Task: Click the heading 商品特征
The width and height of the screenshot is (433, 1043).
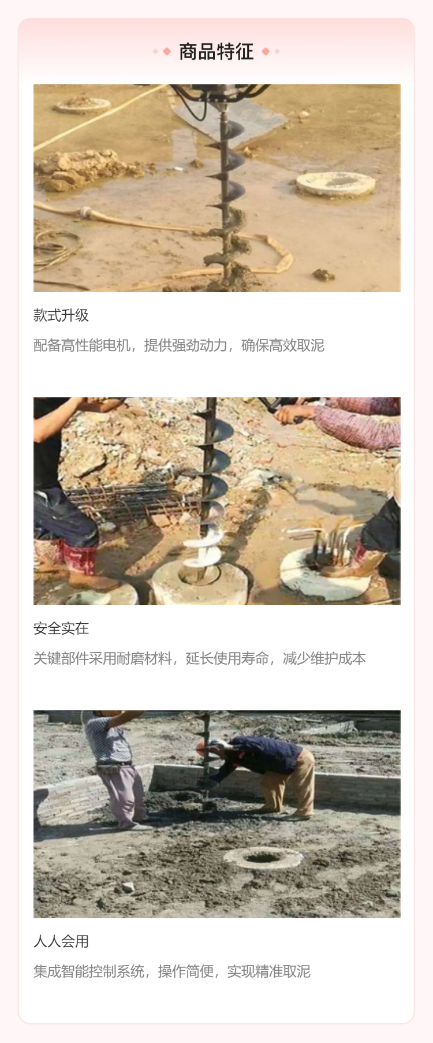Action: tap(216, 52)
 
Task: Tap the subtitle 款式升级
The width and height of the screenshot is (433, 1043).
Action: tap(61, 315)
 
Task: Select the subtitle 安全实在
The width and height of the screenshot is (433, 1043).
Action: tap(61, 628)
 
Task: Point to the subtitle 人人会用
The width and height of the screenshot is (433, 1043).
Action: tap(61, 941)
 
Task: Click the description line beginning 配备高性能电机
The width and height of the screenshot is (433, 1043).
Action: tap(179, 345)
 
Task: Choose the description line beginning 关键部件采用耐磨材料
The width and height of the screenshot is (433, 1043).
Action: tap(200, 658)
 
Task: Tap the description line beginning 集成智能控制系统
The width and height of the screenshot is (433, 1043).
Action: tap(172, 971)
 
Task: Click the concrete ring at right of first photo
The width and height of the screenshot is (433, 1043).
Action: tap(335, 184)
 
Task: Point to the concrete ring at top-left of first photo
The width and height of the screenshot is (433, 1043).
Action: tap(83, 105)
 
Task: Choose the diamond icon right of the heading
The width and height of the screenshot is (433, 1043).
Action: tap(266, 52)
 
